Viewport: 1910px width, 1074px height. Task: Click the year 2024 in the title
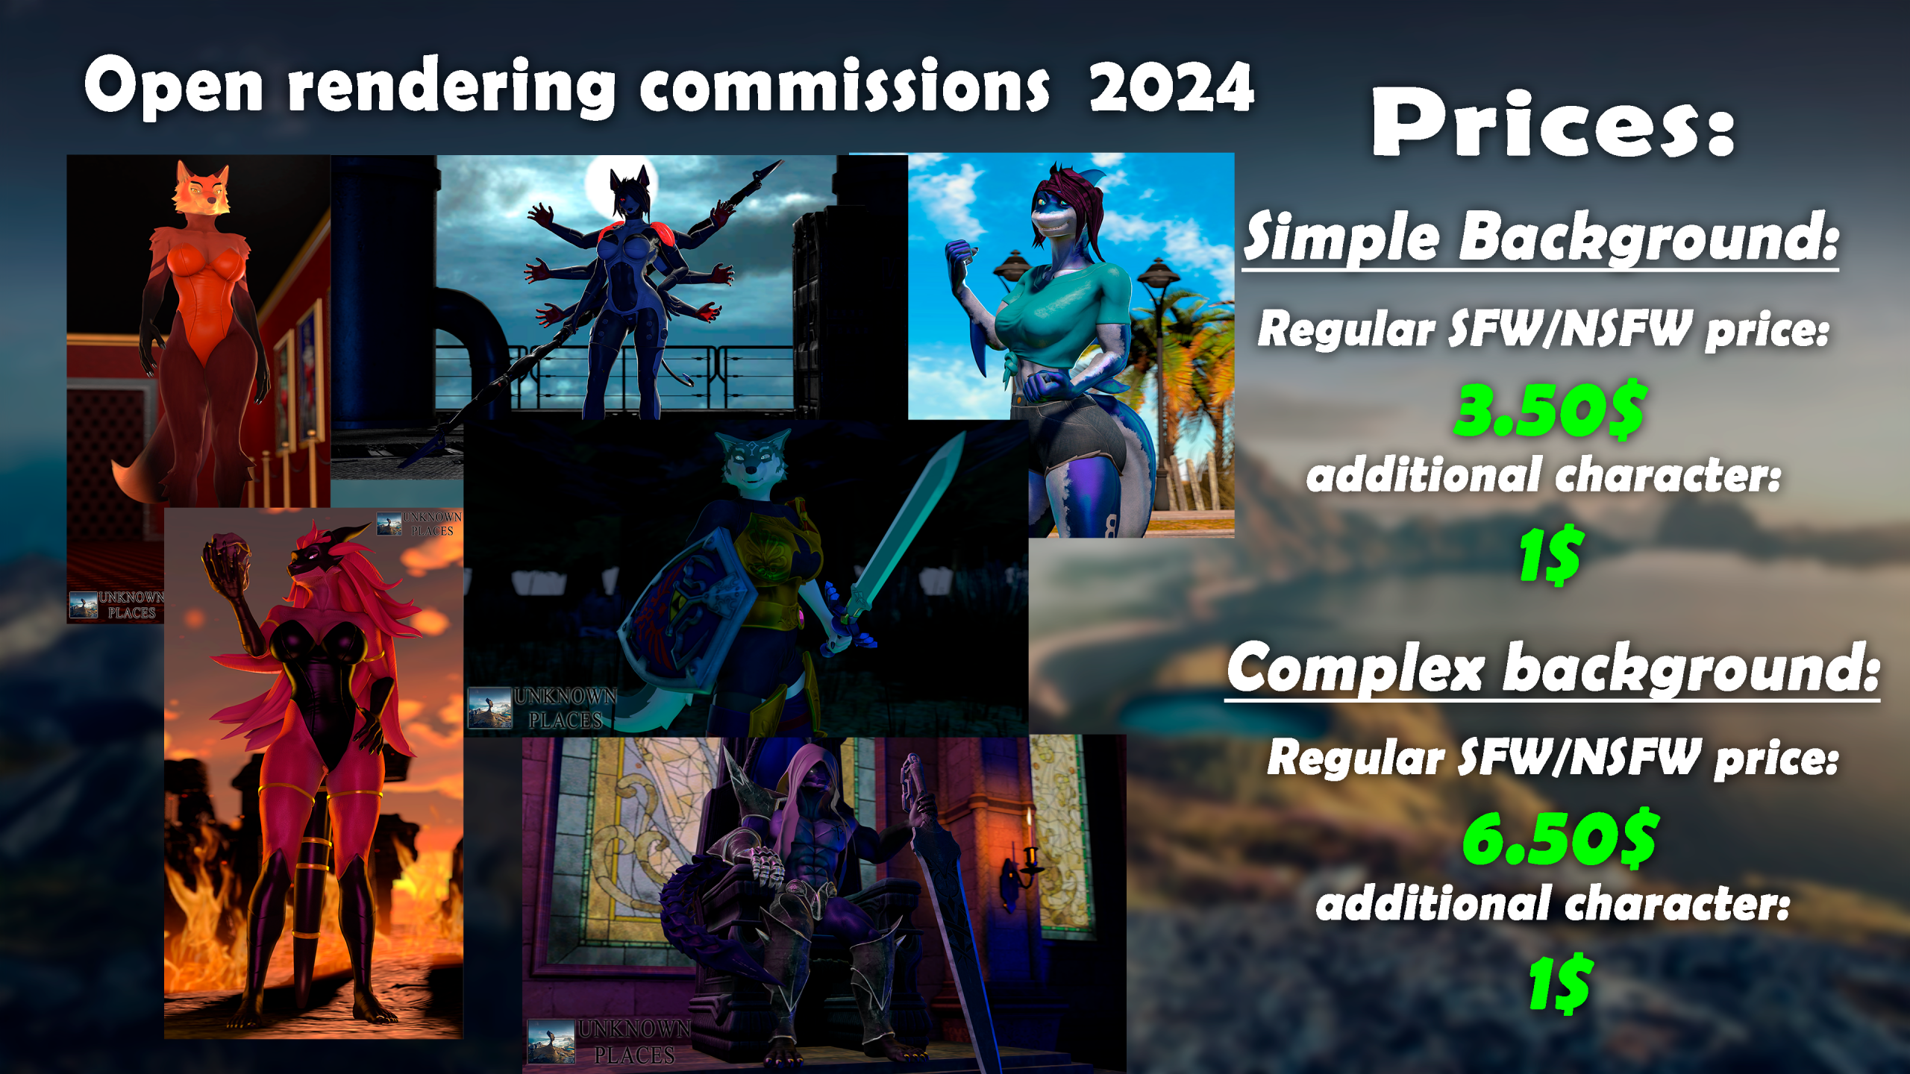[x=1171, y=87]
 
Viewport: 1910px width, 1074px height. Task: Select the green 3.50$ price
[x=1549, y=409]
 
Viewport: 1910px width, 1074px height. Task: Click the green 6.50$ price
[x=1559, y=838]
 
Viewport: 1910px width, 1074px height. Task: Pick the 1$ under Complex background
[x=1560, y=982]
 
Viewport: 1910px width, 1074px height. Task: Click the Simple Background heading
[x=1541, y=236]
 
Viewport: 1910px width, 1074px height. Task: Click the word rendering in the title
[x=451, y=89]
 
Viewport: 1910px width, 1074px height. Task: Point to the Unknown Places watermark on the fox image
[x=116, y=605]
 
